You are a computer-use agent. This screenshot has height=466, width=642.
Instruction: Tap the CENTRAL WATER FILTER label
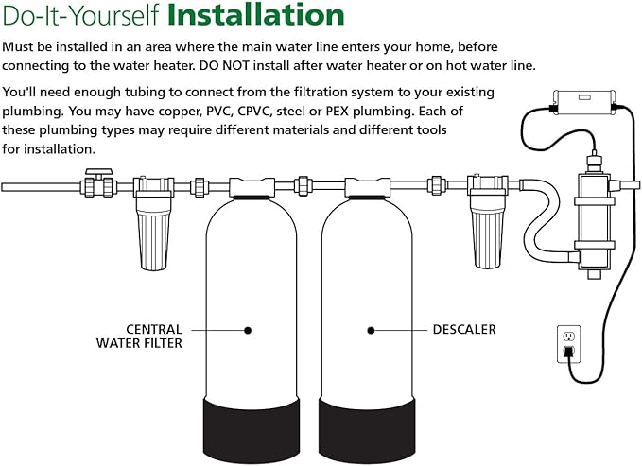(140, 337)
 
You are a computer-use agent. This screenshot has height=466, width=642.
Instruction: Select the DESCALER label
(464, 330)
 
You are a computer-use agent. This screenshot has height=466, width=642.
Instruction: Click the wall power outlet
(568, 343)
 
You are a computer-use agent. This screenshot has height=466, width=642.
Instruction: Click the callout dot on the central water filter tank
(248, 330)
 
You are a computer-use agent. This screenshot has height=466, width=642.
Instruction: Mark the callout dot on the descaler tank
(371, 330)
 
